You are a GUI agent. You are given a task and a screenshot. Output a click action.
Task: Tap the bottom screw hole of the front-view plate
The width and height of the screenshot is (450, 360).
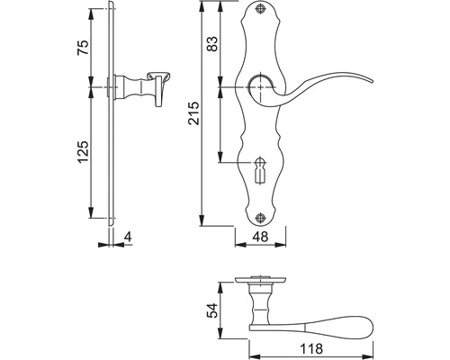pos(260,216)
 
